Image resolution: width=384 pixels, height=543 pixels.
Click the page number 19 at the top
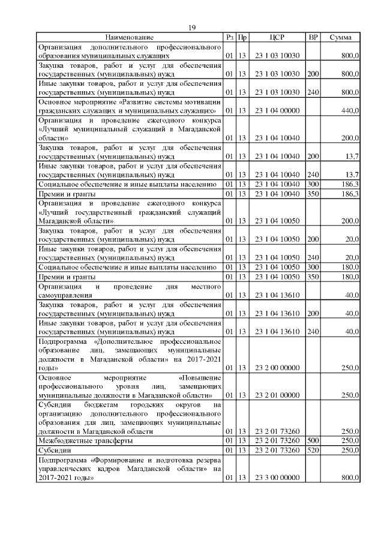point(192,28)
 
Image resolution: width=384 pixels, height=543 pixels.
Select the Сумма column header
point(340,38)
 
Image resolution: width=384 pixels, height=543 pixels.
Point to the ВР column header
point(313,38)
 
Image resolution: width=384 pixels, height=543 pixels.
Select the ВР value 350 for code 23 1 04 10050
point(313,277)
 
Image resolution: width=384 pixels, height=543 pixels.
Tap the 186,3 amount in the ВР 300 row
point(350,184)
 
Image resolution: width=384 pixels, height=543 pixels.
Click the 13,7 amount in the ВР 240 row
point(350,175)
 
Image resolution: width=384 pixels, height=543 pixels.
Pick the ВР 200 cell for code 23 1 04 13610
point(313,313)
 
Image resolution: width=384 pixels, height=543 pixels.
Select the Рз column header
point(229,38)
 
